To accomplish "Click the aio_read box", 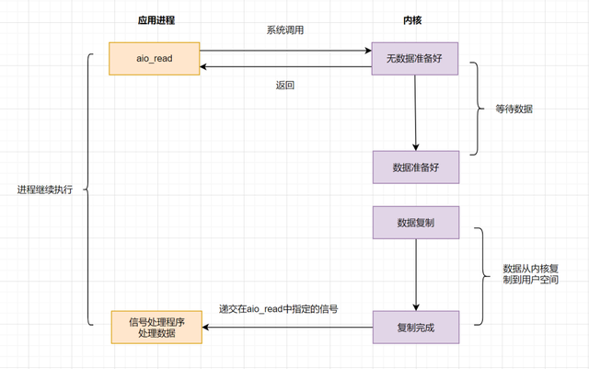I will click(154, 58).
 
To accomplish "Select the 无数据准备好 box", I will click(416, 58).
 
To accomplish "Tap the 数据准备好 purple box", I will click(416, 167).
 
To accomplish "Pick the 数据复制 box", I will click(416, 224).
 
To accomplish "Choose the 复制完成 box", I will click(416, 327).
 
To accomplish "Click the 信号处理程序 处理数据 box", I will click(154, 327).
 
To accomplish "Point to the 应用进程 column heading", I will click(154, 18).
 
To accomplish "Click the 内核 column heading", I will click(415, 18).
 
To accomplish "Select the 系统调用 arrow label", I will click(285, 30).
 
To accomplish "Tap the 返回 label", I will click(285, 86).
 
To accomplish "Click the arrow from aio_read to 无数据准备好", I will click(285, 50).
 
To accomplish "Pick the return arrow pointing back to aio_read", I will click(285, 66).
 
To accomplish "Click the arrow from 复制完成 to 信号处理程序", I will click(285, 327).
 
